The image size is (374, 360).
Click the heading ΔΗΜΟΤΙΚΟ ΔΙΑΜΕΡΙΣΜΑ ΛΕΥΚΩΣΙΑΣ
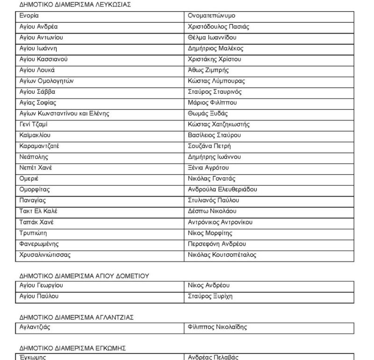tap(75, 5)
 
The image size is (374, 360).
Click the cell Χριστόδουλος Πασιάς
tap(218, 27)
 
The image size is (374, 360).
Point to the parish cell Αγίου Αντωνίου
tap(41, 37)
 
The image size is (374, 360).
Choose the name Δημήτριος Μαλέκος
tap(216, 49)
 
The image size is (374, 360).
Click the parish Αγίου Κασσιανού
tap(44, 59)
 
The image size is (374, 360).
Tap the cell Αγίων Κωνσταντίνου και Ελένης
tap(65, 113)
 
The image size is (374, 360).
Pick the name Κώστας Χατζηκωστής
tap(218, 124)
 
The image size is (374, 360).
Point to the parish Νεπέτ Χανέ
tap(36, 168)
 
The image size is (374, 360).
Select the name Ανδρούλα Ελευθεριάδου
tap(222, 190)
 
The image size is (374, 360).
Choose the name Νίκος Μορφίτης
tap(210, 233)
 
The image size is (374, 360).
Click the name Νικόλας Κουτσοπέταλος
tap(222, 255)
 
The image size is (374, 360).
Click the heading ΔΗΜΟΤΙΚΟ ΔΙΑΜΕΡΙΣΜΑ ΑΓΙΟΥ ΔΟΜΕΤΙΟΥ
tap(84, 276)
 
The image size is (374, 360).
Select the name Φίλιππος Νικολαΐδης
tap(217, 327)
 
